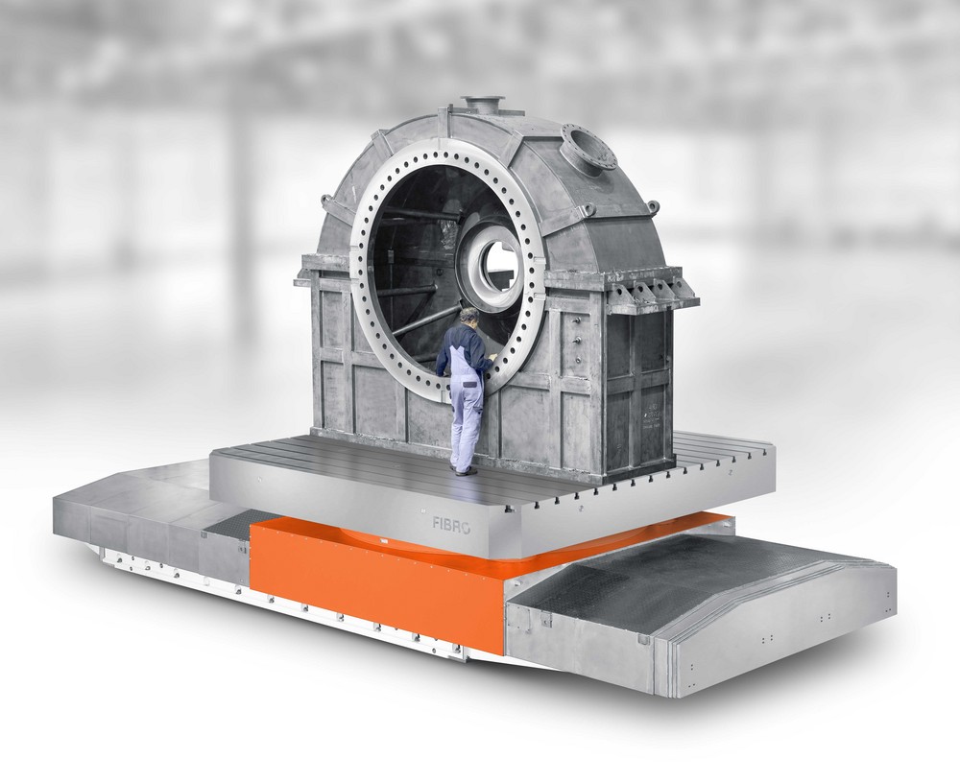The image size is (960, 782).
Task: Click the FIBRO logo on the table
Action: (451, 525)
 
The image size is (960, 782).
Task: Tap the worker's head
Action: (469, 316)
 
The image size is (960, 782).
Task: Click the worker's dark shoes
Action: (464, 471)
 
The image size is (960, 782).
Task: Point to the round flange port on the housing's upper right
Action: (588, 150)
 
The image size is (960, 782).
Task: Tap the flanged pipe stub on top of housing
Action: (483, 105)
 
